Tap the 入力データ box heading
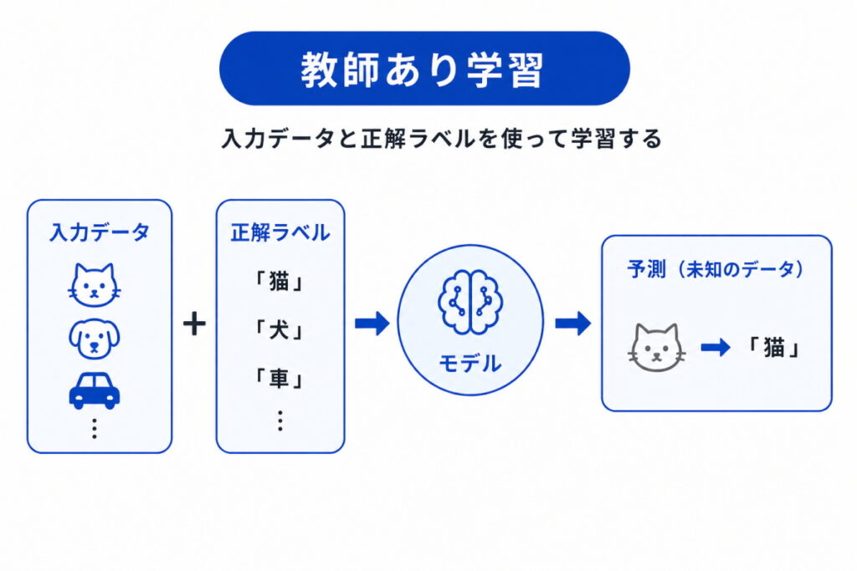[99, 232]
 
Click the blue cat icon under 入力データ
[94, 284]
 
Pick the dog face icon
[94, 336]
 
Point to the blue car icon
[94, 390]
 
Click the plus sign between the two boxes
[194, 324]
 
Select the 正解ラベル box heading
[280, 232]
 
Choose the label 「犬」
[280, 332]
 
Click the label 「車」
[280, 380]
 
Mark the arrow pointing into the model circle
[372, 324]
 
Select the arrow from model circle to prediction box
[572, 324]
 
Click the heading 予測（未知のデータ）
[716, 269]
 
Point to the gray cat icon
[657, 347]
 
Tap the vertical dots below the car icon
[94, 428]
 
